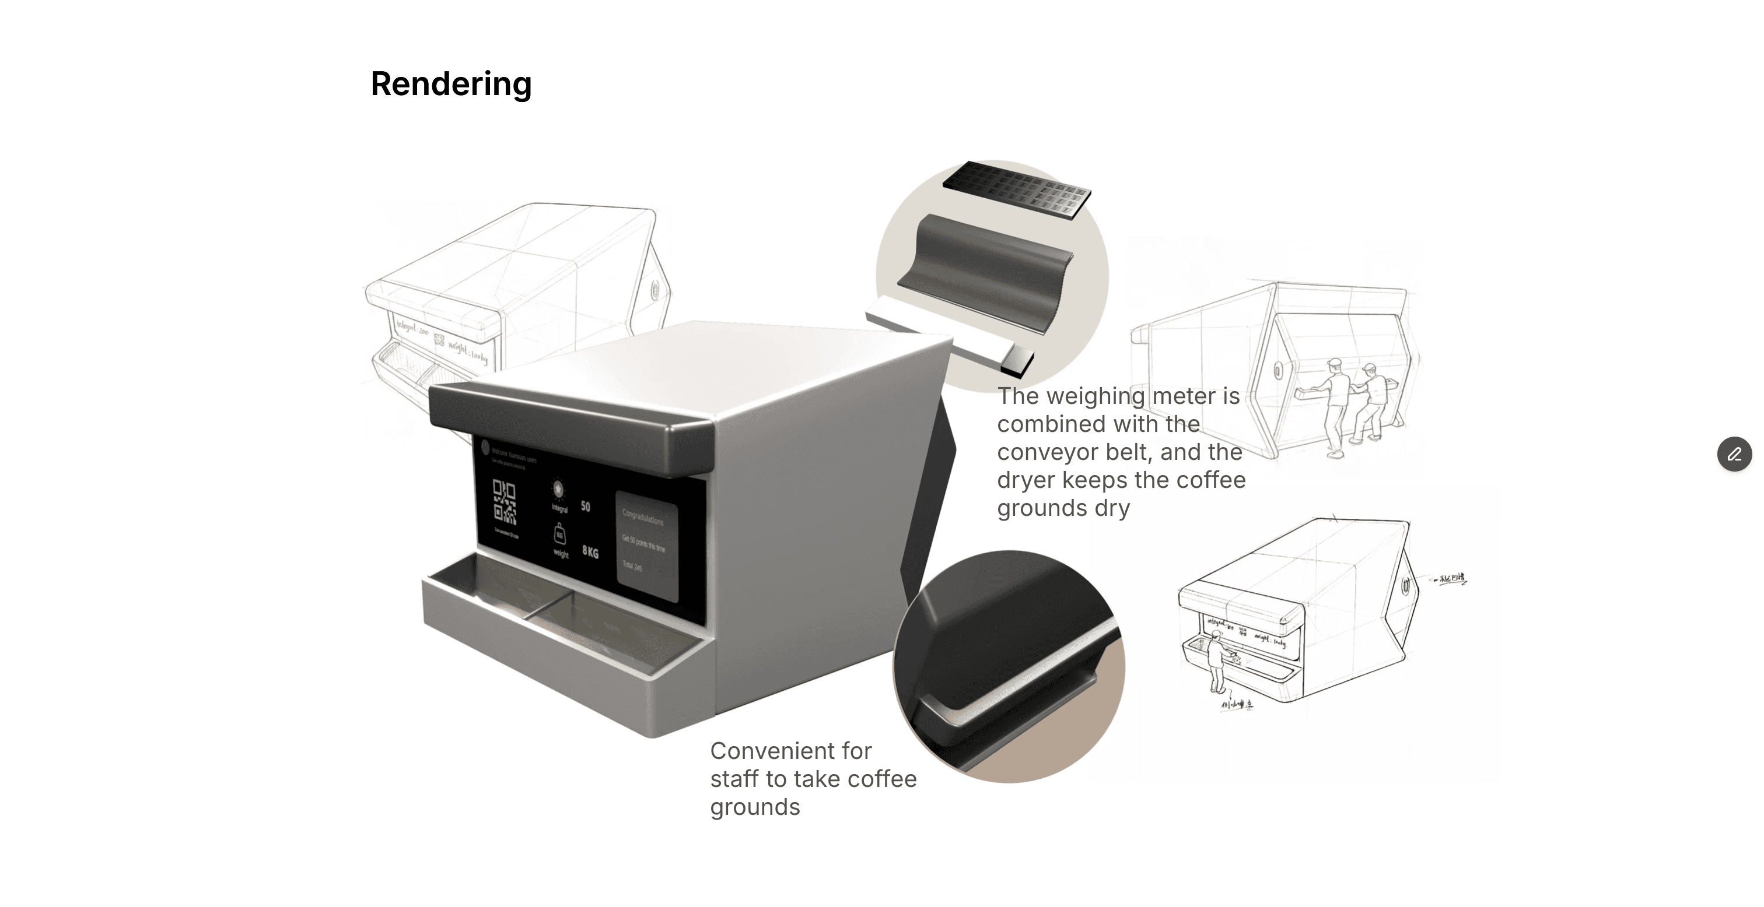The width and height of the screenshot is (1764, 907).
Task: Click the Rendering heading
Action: coord(450,84)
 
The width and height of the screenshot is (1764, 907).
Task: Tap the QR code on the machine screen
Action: coord(505,502)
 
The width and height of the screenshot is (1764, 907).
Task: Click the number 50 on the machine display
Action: coord(586,507)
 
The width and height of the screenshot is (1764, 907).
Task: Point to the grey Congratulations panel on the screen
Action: coord(647,546)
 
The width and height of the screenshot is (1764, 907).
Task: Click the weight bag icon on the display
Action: coord(559,533)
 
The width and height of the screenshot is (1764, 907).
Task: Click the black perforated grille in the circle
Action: coord(1016,189)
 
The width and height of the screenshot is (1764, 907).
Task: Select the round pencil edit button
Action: coord(1734,455)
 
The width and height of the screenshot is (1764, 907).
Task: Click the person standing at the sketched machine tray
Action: coord(1217,660)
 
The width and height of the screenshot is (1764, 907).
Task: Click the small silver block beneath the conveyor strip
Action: coord(1016,361)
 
